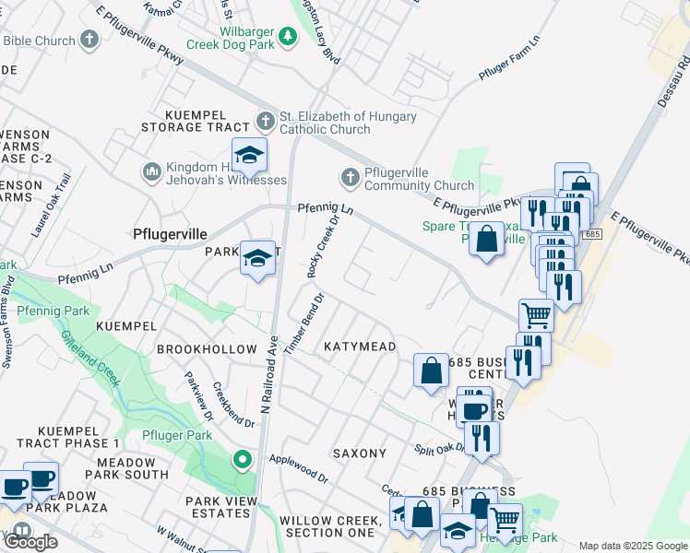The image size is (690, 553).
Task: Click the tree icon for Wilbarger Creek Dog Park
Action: point(288,36)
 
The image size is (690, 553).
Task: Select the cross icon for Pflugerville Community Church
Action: point(350,176)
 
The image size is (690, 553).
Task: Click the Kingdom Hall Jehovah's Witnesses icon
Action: point(151,171)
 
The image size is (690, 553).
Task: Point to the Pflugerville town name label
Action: point(170,234)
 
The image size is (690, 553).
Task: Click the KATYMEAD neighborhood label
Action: point(360,347)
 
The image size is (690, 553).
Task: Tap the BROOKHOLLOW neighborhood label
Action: point(207,349)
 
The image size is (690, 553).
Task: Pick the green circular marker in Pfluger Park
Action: point(243,458)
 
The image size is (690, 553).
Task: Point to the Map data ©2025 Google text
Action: point(633,546)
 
